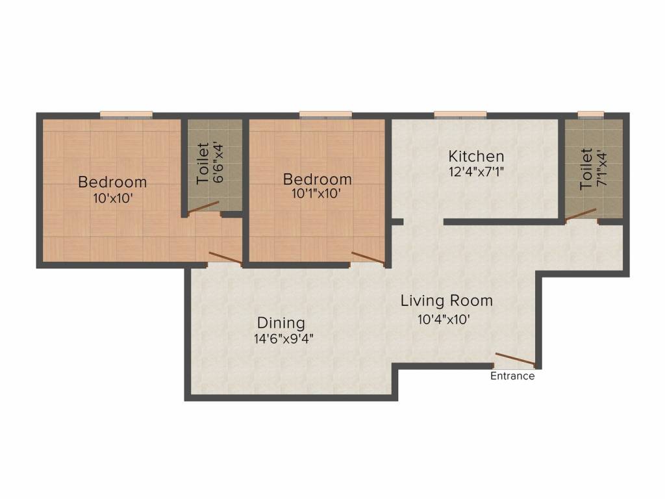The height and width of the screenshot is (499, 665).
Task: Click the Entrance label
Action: point(512,376)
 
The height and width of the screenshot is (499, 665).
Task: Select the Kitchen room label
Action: point(476,156)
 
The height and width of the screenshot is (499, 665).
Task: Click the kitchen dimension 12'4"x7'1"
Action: point(476,172)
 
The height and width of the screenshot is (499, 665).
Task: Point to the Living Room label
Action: point(447,301)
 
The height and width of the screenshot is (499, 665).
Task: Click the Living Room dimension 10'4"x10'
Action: point(444,319)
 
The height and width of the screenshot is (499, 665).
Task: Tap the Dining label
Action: point(281,323)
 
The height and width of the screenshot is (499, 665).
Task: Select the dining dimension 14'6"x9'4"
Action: point(283,339)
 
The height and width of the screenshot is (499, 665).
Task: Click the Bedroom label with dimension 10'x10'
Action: point(112,182)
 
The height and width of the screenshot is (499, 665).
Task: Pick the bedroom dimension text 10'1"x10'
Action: point(316,194)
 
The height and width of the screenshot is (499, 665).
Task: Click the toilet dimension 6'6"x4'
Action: point(218,163)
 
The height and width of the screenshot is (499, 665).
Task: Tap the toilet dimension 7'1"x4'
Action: point(602,169)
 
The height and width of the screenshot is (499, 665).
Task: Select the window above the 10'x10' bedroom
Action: point(127,114)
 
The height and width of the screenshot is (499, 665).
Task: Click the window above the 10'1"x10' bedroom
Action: point(326,114)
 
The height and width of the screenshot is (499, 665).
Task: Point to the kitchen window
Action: point(460,114)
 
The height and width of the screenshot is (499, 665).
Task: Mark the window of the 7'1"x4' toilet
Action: point(591,114)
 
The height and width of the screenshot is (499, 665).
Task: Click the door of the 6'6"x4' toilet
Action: point(203,207)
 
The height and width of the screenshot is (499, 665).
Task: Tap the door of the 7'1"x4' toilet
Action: point(580,214)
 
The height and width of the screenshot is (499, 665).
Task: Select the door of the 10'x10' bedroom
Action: point(225,259)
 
